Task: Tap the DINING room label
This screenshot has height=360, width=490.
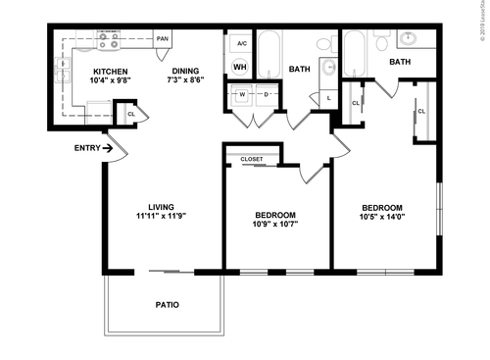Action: click(186, 72)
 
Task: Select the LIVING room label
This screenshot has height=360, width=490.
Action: click(161, 206)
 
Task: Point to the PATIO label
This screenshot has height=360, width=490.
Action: click(167, 305)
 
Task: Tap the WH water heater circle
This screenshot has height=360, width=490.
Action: click(240, 68)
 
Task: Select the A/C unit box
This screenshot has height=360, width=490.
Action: click(241, 44)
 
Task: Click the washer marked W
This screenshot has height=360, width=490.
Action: click(242, 95)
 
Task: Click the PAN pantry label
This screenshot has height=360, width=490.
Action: click(163, 39)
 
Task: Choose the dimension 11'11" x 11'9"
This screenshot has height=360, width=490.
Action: click(161, 217)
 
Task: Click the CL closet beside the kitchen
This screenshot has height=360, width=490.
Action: click(131, 114)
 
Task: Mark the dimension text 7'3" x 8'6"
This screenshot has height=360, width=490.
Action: click(186, 82)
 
